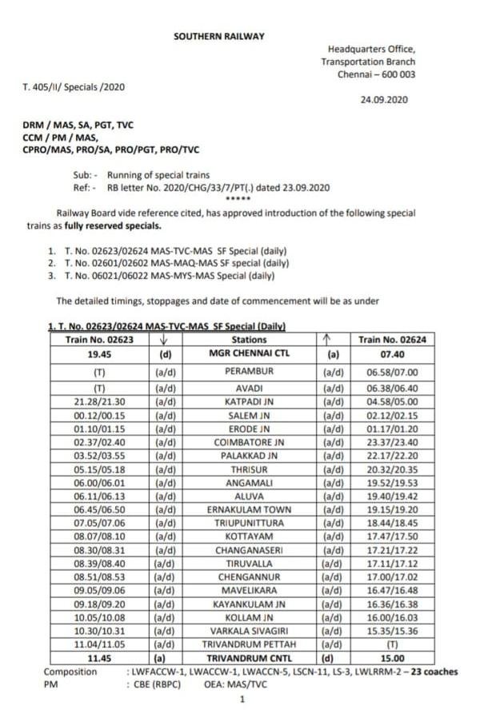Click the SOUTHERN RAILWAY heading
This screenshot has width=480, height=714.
(x=218, y=37)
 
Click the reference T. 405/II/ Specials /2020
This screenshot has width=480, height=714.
(x=74, y=86)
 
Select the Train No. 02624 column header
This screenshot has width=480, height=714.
(x=392, y=340)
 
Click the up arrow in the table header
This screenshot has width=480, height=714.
(x=326, y=339)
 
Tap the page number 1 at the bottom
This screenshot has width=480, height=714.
(x=242, y=700)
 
